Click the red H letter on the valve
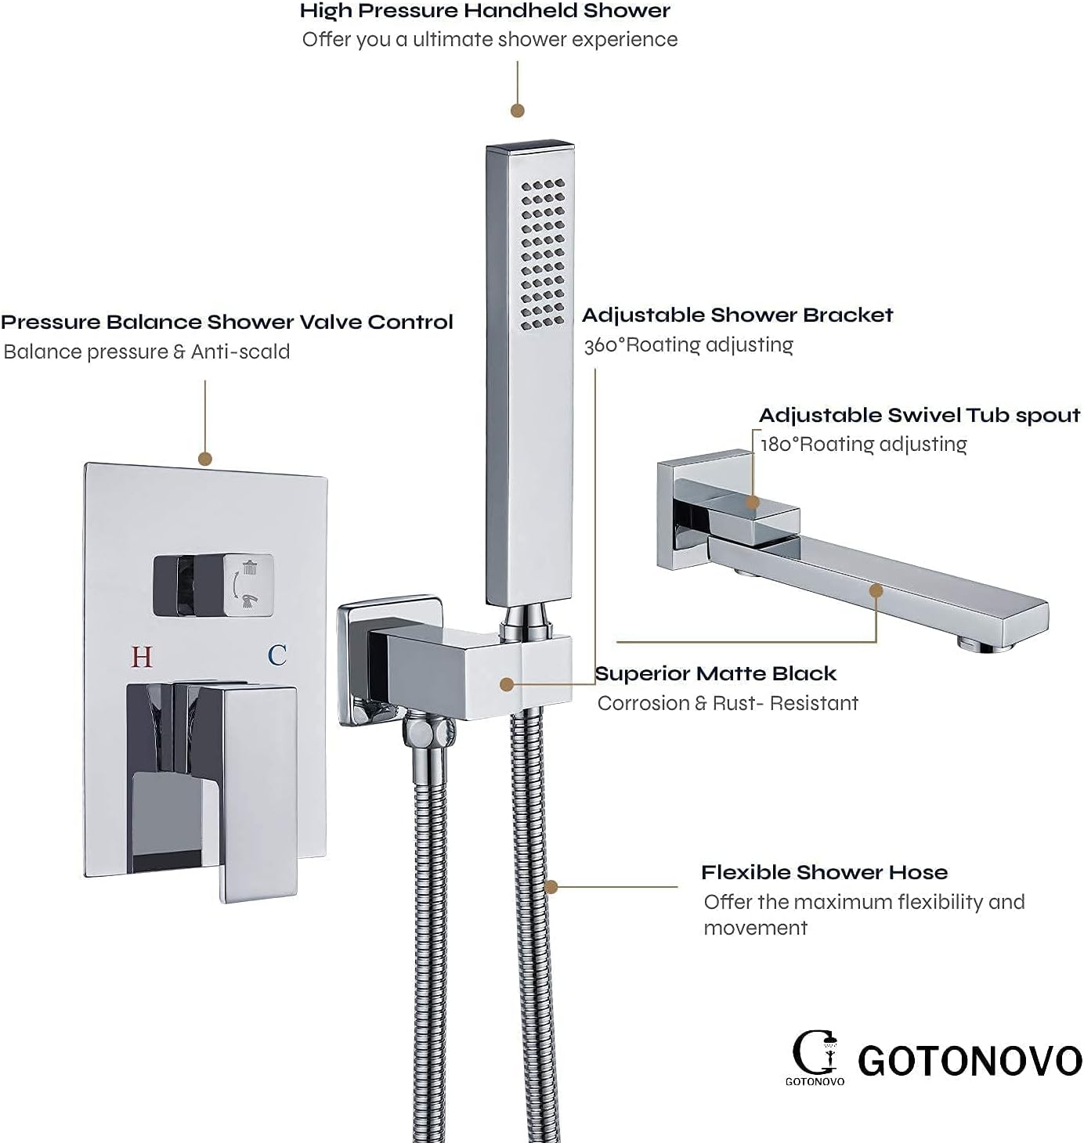click(142, 656)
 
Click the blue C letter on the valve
click(277, 654)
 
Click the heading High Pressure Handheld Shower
click(485, 11)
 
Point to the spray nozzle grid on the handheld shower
click(543, 254)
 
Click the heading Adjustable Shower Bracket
click(737, 315)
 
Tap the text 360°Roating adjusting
click(688, 344)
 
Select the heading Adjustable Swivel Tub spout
click(920, 415)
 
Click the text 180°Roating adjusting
click(864, 444)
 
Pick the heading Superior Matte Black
click(715, 673)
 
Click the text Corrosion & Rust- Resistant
click(728, 703)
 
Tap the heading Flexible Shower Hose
click(824, 872)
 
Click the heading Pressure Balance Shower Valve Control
click(227, 322)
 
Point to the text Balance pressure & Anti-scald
click(146, 352)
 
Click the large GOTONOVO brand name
click(970, 1061)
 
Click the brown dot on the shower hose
click(551, 887)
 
